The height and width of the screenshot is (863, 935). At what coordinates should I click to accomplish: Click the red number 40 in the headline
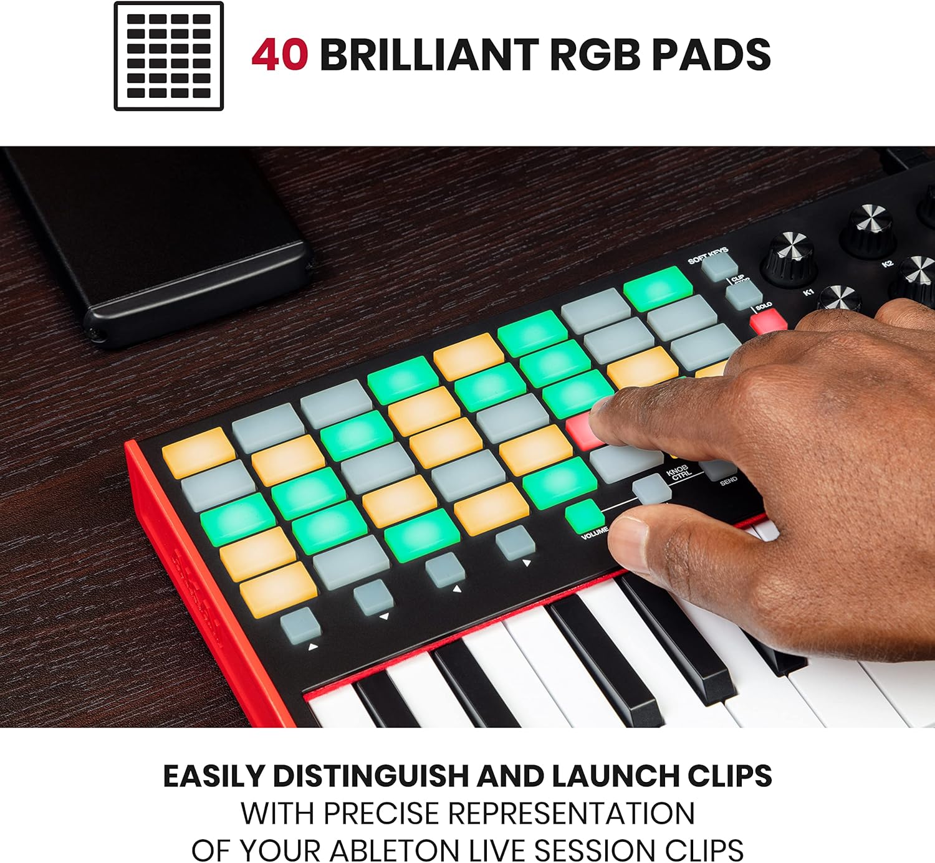280,54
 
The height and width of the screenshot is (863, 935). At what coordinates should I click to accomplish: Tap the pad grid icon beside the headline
168,56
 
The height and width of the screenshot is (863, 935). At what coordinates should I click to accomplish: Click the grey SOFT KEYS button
720,266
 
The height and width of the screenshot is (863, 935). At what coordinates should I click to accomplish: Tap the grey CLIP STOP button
744,294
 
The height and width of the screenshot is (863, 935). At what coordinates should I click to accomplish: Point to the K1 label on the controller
808,292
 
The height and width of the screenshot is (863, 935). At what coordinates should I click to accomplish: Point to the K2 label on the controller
888,264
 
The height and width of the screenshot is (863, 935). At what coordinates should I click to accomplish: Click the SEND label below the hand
728,480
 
